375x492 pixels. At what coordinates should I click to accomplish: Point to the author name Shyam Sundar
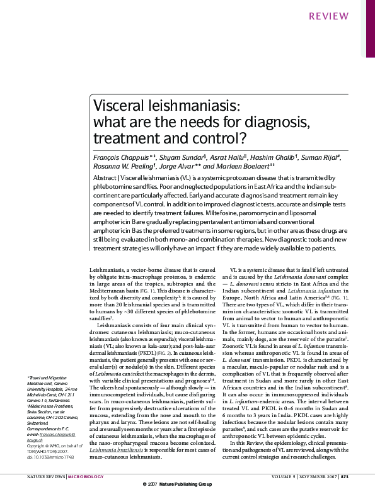click(x=168, y=155)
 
